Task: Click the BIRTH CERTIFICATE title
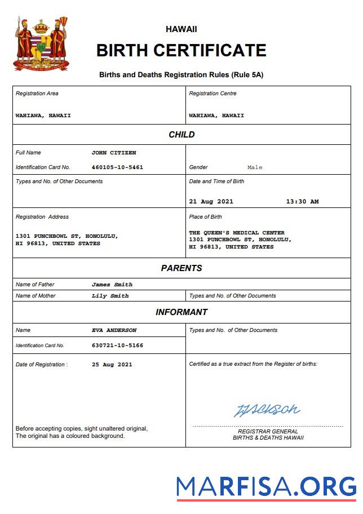[x=181, y=51]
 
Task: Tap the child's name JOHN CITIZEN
[x=114, y=153]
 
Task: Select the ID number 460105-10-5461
[x=117, y=167]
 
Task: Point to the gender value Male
[x=255, y=167]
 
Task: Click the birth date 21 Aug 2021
[x=211, y=201]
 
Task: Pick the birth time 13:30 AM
[x=302, y=201]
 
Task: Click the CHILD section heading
[x=181, y=135]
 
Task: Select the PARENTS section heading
[x=181, y=268]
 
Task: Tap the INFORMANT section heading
[x=181, y=312]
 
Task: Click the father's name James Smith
[x=112, y=285]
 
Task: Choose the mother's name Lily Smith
[x=110, y=296]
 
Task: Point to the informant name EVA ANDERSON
[x=114, y=330]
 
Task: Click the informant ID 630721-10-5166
[x=117, y=345]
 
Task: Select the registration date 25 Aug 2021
[x=112, y=365]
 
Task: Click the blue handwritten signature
[x=267, y=410]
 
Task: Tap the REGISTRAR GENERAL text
[x=268, y=432]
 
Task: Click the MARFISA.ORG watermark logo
[x=266, y=486]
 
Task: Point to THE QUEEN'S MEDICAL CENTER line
[x=237, y=233]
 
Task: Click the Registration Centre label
[x=213, y=94]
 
